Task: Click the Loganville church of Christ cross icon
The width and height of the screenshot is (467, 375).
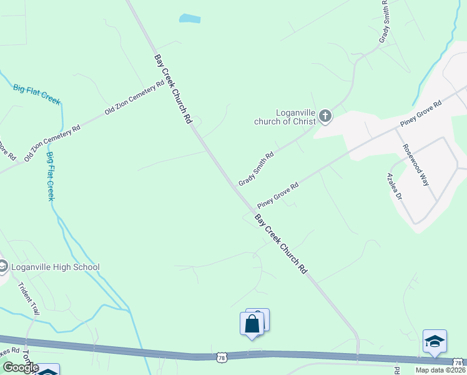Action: point(325,116)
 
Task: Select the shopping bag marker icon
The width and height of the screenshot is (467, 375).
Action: point(252,324)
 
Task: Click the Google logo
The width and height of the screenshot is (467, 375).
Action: point(20,367)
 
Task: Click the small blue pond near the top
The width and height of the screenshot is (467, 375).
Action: point(190,19)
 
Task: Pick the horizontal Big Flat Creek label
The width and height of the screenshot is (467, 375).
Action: point(36,94)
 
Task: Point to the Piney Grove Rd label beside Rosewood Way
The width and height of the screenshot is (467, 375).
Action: point(421,113)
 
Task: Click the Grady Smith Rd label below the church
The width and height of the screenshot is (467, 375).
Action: point(256,169)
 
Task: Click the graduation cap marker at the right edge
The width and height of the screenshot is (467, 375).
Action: point(435,341)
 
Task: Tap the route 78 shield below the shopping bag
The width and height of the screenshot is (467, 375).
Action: point(222,357)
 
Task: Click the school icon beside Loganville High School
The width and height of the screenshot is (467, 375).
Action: point(3,267)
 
